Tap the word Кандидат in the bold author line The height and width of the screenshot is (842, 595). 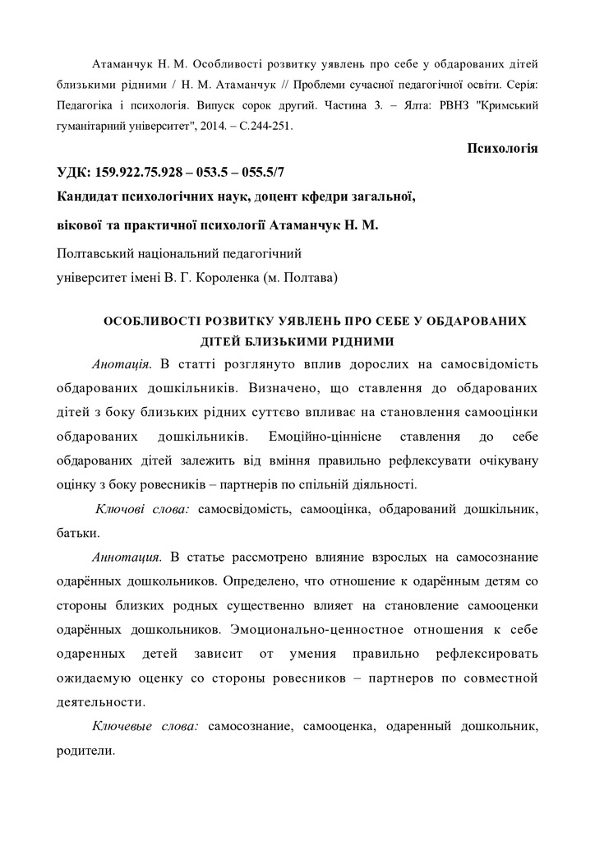tap(89, 197)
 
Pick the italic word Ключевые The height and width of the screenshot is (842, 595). tap(120, 728)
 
